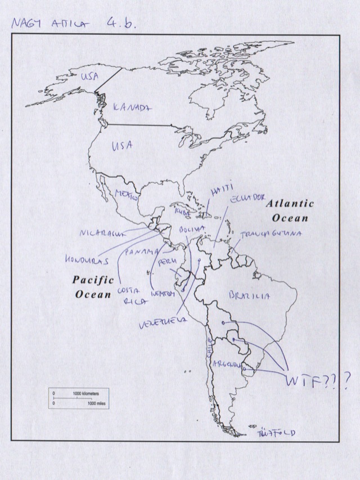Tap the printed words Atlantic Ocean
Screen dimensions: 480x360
pos(290,210)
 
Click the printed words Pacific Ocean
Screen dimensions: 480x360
pos(93,286)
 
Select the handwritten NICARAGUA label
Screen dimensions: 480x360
pos(101,232)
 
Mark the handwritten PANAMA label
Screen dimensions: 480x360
pos(141,252)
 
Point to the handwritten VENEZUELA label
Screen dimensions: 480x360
pos(163,324)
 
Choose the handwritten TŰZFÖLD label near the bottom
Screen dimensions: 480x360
pos(276,433)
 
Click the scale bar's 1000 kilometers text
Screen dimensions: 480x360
pos(85,392)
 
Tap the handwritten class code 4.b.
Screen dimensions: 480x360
pos(121,25)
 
